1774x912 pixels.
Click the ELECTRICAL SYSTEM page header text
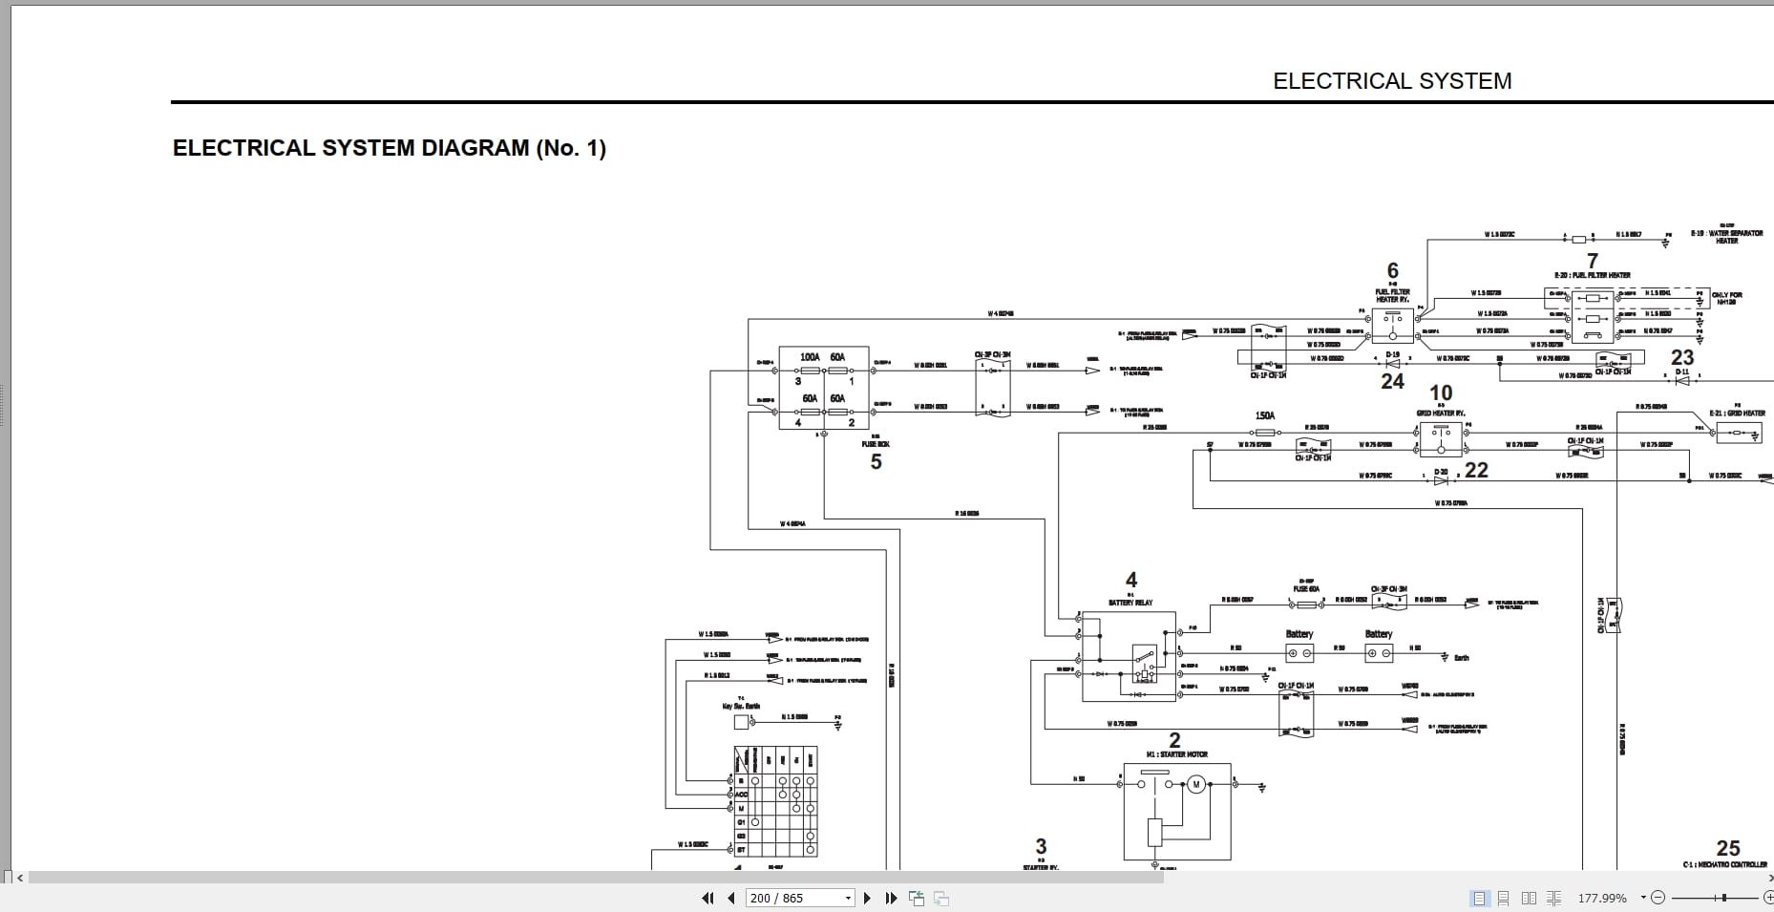(x=1391, y=81)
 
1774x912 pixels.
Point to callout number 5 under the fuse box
(x=876, y=462)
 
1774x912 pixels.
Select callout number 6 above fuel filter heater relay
(x=1392, y=270)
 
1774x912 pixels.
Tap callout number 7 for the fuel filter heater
(x=1593, y=261)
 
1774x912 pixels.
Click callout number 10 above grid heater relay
(x=1441, y=393)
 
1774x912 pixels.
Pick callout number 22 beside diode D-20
(x=1476, y=470)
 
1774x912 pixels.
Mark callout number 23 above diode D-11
(x=1682, y=357)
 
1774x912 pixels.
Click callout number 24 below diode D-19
(x=1392, y=382)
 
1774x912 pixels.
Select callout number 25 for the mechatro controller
(x=1728, y=848)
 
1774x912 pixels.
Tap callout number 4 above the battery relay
(x=1131, y=580)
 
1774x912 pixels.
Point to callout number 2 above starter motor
(x=1174, y=740)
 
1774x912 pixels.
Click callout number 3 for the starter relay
(x=1041, y=846)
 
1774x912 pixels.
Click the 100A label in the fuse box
(x=810, y=357)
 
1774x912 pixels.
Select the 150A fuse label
(x=1264, y=416)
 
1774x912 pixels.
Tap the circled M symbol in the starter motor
(x=1195, y=785)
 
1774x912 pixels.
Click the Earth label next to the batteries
(x=1461, y=658)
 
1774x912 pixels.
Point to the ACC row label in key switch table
(x=741, y=795)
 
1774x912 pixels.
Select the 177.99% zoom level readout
(x=1601, y=899)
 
